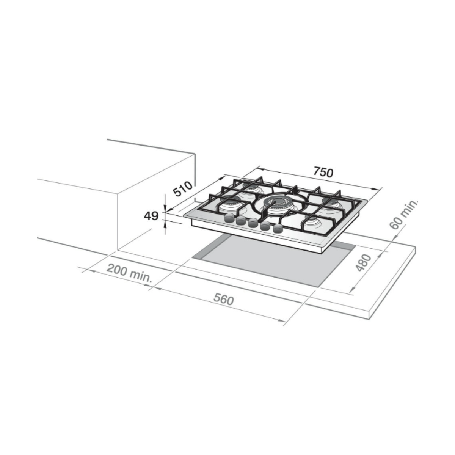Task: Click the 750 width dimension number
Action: (323, 172)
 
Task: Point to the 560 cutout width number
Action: (223, 300)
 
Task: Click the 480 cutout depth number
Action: (363, 263)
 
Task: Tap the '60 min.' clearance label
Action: (404, 214)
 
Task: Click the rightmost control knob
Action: (278, 229)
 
